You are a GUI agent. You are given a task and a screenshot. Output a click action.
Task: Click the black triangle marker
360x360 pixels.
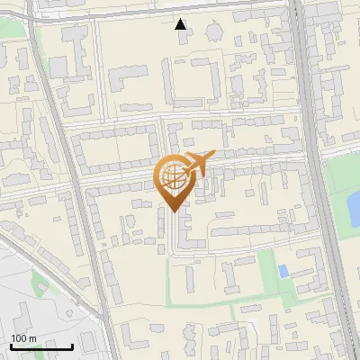pos(181,24)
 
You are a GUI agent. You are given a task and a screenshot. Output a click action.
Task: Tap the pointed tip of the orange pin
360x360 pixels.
pos(173,212)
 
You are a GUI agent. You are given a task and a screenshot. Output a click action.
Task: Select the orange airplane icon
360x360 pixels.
pos(198,164)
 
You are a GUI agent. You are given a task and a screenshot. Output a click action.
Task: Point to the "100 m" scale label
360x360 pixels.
pos(24,337)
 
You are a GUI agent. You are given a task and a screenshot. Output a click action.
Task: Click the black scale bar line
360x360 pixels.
pos(41,346)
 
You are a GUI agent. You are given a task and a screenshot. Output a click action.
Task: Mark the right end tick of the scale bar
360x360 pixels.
pos(72,346)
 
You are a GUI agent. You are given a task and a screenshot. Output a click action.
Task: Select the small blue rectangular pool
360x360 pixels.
pos(283,271)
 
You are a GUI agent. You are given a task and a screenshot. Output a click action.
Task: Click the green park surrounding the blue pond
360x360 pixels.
pos(337,184)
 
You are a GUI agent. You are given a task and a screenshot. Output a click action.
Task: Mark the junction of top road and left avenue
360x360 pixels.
pos(34,20)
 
